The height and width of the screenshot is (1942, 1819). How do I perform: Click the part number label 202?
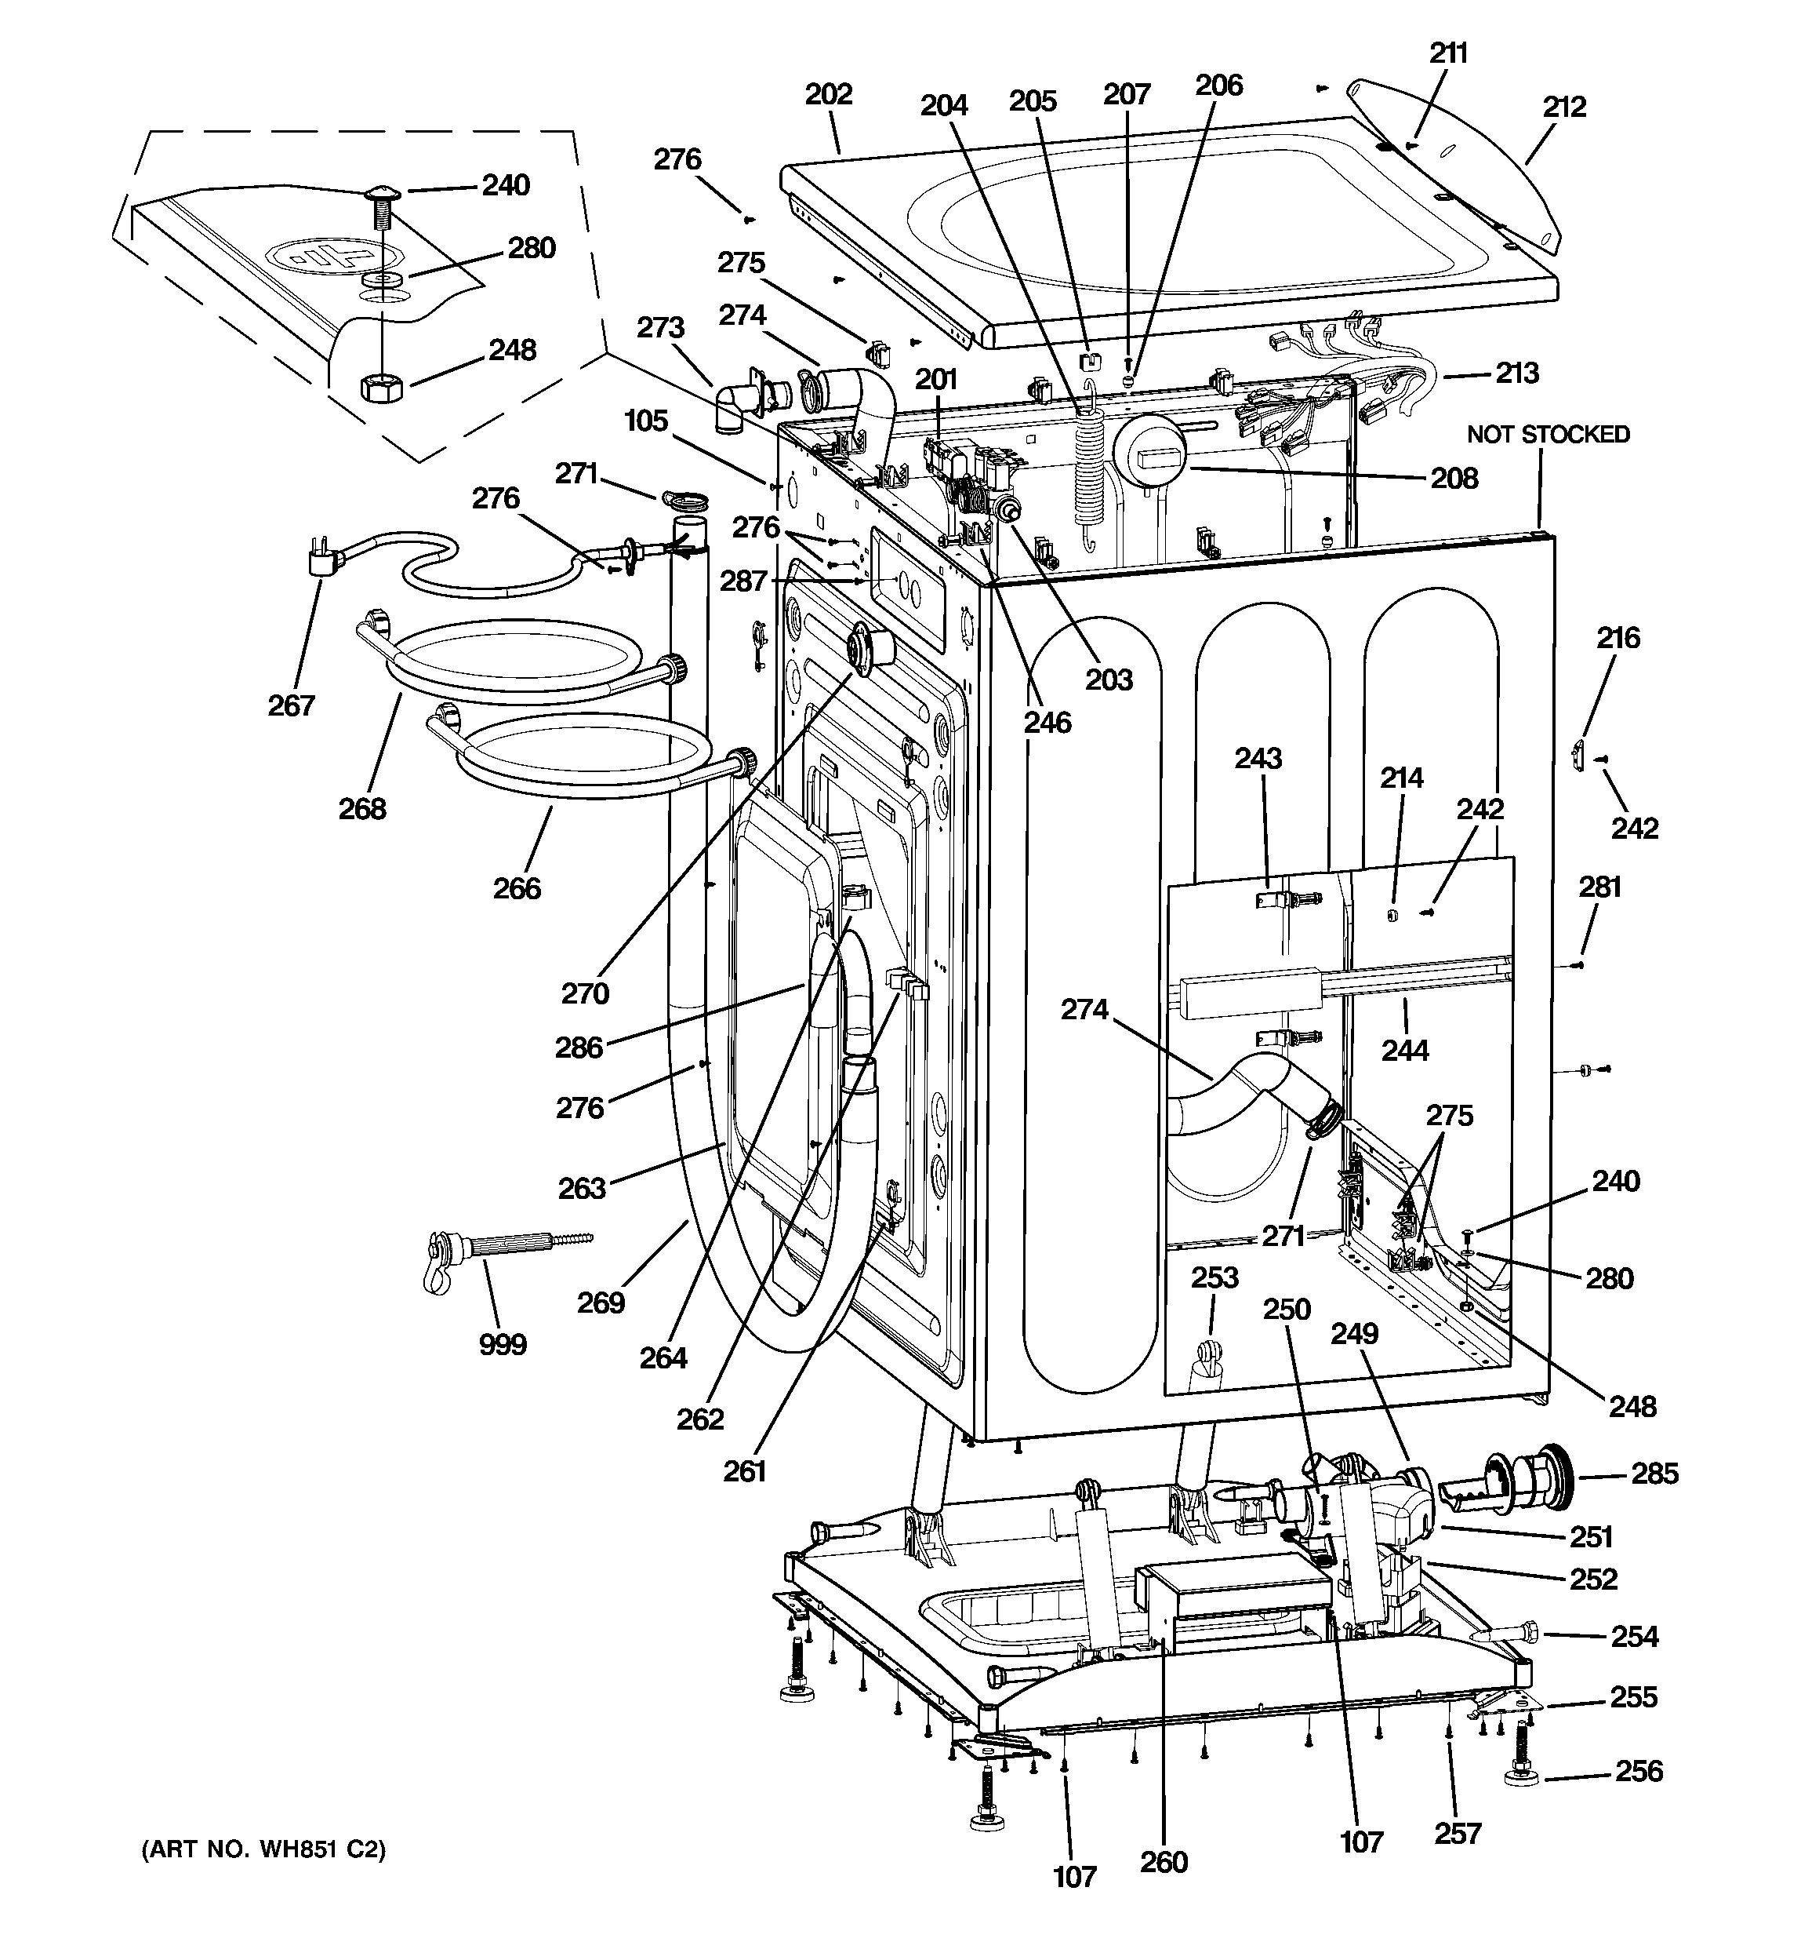coord(828,95)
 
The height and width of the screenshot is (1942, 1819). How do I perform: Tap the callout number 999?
coord(502,1344)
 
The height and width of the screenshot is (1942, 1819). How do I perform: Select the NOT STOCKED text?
coord(1548,434)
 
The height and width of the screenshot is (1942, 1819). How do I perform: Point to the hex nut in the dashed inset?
coord(378,387)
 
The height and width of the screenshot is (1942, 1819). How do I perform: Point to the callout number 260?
coord(1164,1862)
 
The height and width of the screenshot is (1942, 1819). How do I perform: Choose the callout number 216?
coord(1617,638)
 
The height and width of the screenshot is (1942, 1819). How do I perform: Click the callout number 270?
coord(585,993)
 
